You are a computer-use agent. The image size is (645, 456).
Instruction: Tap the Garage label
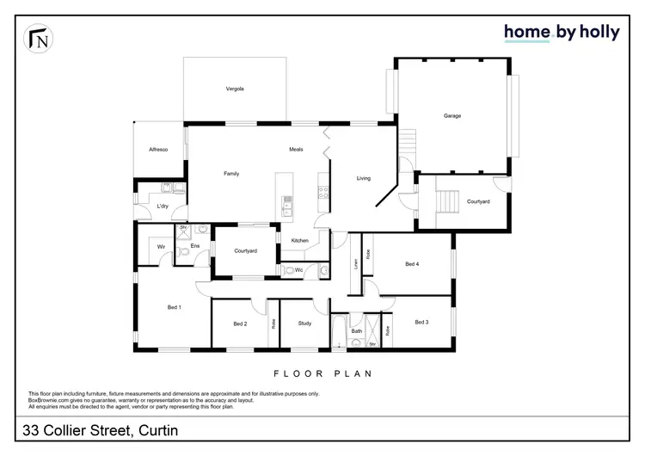click(452, 115)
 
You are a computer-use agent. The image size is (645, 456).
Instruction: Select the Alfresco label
click(157, 150)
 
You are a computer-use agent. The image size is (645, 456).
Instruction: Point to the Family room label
click(231, 174)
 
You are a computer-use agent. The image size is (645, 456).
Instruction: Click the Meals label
click(296, 150)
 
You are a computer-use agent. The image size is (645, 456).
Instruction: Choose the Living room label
click(364, 178)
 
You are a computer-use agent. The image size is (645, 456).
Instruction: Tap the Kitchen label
click(299, 240)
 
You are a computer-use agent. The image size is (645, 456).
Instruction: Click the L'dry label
click(163, 206)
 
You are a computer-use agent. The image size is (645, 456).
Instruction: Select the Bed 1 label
click(174, 307)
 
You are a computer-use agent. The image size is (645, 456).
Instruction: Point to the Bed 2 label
click(240, 324)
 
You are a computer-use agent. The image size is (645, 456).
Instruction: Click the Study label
click(304, 324)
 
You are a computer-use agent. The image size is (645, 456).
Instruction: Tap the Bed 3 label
click(421, 322)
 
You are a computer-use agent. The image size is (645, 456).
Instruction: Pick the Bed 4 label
click(412, 264)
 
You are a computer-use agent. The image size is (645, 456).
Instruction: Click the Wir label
click(161, 247)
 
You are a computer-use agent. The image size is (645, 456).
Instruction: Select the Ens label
click(194, 247)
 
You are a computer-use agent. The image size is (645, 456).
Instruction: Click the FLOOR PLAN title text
click(322, 373)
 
